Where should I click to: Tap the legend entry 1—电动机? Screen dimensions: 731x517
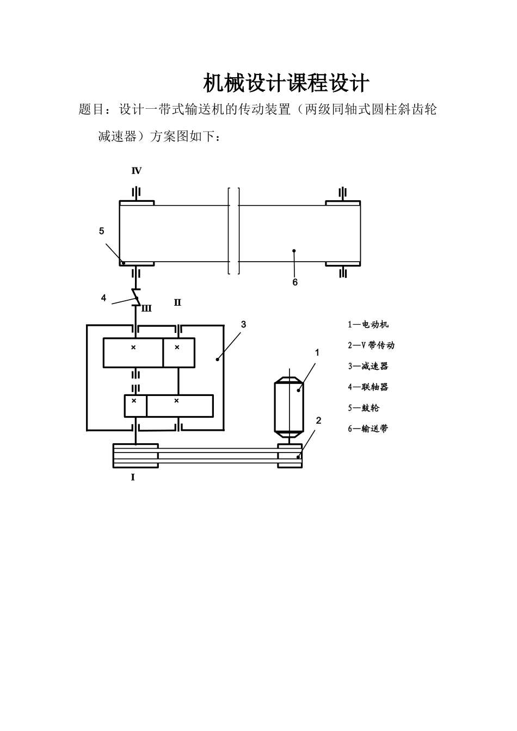pyautogui.click(x=368, y=325)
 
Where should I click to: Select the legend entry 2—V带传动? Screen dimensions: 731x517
pyautogui.click(x=371, y=345)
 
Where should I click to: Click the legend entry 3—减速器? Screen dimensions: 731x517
pyautogui.click(x=368, y=367)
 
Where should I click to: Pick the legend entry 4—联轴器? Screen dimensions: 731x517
pyautogui.click(x=368, y=387)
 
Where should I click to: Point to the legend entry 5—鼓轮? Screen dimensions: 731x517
pyautogui.click(x=364, y=408)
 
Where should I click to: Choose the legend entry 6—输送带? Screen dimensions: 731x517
pyautogui.click(x=368, y=429)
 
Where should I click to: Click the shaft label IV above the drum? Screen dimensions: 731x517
pyautogui.click(x=137, y=171)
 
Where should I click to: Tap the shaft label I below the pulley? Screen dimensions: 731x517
pyautogui.click(x=133, y=478)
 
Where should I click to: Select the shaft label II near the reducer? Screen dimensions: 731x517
pyautogui.click(x=177, y=302)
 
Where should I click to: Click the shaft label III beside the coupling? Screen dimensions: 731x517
pyautogui.click(x=146, y=309)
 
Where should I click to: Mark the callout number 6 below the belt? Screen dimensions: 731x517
pyautogui.click(x=295, y=282)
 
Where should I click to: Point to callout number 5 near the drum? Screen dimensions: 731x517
pyautogui.click(x=101, y=231)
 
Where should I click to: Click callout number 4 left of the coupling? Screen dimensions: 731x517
pyautogui.click(x=103, y=298)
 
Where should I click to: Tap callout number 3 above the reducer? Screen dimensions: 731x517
pyautogui.click(x=243, y=324)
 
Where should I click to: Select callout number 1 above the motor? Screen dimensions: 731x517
pyautogui.click(x=317, y=352)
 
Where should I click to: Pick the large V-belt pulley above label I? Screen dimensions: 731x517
pyautogui.click(x=136, y=456)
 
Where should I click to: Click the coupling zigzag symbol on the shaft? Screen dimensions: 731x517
pyautogui.click(x=136, y=298)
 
